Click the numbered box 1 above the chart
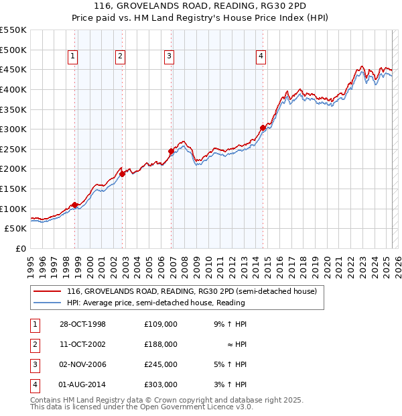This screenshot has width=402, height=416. point(72,56)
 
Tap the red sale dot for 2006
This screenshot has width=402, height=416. point(171,152)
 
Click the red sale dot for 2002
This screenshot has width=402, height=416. point(123,174)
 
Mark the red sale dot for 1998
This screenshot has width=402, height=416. point(75,205)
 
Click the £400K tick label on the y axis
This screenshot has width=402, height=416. point(13,89)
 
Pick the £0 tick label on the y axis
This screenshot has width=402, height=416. point(21,248)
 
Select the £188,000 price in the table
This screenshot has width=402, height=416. point(161,344)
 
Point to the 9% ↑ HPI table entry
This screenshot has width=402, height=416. point(230,324)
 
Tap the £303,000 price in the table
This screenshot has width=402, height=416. point(161,384)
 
